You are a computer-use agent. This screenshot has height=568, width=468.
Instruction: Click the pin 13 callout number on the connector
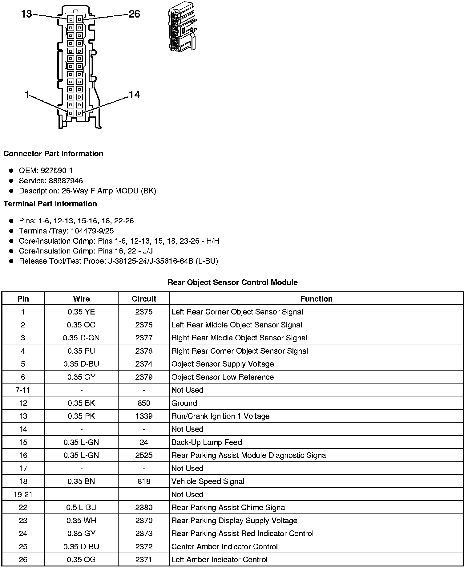pos(26,14)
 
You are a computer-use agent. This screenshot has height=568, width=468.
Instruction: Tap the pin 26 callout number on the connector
pos(134,14)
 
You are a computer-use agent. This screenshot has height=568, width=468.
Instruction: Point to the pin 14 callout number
pos(134,95)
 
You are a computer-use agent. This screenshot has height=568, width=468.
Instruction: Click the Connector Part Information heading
pos(53,154)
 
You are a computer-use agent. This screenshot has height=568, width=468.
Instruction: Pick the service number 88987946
pos(66,181)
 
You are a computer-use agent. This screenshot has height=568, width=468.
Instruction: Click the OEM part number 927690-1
pos(57,171)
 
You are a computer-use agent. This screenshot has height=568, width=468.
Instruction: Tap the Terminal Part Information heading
pos(50,204)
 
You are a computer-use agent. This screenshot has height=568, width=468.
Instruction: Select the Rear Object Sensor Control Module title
pos(232,282)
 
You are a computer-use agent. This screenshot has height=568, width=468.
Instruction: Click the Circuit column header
pos(144,299)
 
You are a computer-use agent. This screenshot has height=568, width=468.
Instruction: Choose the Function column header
pos(316,299)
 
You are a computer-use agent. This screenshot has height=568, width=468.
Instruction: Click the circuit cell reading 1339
pos(144,416)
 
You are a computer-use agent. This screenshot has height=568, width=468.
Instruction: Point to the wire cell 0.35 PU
pos(81,351)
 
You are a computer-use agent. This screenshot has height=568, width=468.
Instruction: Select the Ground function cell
pos(184,403)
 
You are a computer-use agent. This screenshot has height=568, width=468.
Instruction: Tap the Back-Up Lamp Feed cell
pos(207,442)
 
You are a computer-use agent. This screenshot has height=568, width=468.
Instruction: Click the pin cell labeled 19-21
pos(23,494)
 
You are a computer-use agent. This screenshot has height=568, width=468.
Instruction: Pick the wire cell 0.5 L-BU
pos(81,508)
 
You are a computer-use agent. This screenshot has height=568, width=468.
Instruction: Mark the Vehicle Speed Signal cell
pos(208,481)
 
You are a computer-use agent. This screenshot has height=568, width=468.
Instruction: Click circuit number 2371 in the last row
pos(144,560)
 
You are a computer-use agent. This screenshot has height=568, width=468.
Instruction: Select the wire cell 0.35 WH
pos(81,521)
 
